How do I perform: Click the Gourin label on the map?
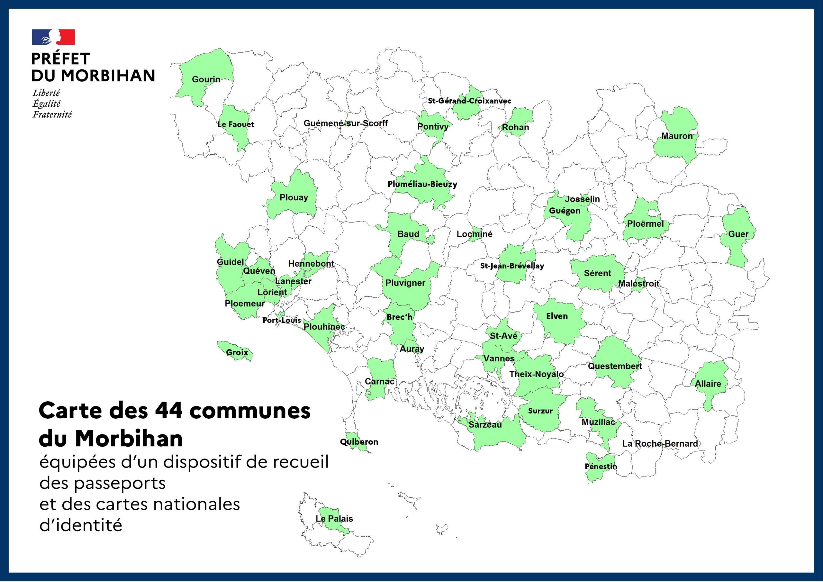[206, 79]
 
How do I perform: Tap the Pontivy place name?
[433, 127]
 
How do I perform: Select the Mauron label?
[677, 136]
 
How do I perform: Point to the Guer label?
[738, 234]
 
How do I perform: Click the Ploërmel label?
[645, 224]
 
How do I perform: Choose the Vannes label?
[499, 358]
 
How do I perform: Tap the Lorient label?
[272, 292]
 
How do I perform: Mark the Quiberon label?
[359, 442]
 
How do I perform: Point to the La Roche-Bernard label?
[660, 444]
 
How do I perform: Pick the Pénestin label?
[601, 467]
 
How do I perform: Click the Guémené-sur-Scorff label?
[346, 123]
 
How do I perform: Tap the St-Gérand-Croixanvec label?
[469, 101]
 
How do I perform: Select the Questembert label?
[615, 366]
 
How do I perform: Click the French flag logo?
[53, 37]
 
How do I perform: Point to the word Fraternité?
[52, 115]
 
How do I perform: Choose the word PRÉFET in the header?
[60, 59]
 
